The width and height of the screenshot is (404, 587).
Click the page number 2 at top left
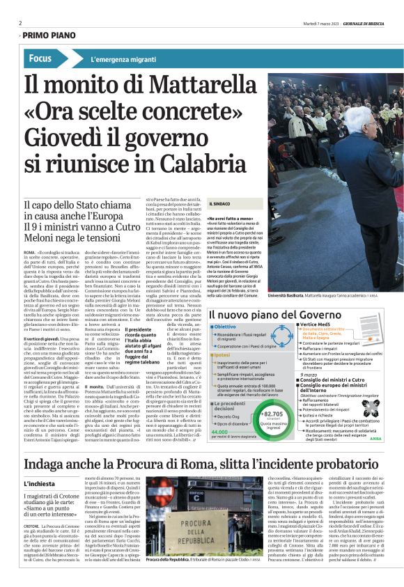20,23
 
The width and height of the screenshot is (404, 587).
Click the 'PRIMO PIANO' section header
50,36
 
